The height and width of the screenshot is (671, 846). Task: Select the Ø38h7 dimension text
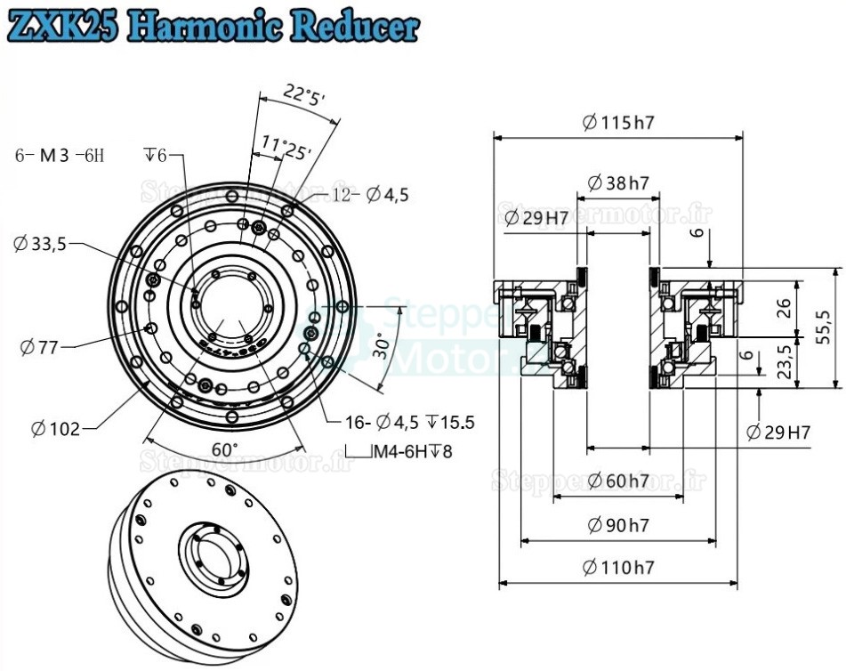click(618, 184)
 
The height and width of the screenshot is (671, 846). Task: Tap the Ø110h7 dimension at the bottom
click(619, 567)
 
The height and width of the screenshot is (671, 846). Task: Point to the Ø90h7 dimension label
click(618, 525)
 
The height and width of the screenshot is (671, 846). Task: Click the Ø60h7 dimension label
click(618, 481)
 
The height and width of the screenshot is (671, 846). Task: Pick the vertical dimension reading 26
click(784, 308)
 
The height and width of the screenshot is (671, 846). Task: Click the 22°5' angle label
click(305, 95)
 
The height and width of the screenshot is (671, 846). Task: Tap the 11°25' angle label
click(286, 147)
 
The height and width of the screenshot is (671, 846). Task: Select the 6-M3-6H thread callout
click(60, 155)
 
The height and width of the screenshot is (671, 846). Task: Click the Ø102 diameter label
click(55, 429)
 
